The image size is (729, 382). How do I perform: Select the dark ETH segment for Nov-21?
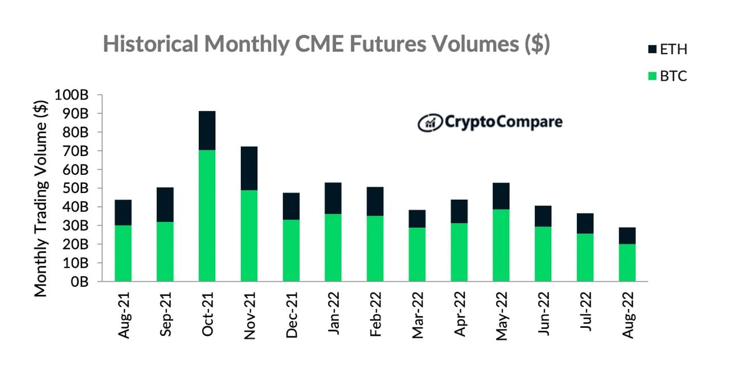(x=249, y=169)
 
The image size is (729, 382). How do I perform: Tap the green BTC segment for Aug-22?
(x=627, y=262)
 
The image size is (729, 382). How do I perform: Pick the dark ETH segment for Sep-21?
(x=165, y=204)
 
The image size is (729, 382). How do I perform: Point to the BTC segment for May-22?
(x=501, y=245)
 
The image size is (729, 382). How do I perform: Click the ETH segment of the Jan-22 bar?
(x=333, y=198)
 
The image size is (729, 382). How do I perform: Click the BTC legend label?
(x=673, y=76)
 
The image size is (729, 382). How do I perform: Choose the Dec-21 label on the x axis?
(x=292, y=317)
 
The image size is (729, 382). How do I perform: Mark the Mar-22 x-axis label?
(x=417, y=317)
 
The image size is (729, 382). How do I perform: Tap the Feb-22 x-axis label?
(x=375, y=317)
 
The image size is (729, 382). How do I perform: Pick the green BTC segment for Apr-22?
(x=459, y=252)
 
